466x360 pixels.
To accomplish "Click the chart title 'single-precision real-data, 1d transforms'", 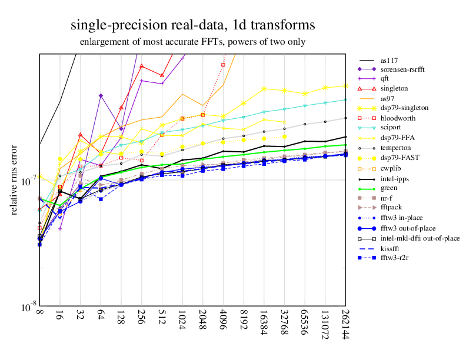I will point(192,25).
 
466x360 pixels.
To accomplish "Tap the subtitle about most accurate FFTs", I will point(192,42).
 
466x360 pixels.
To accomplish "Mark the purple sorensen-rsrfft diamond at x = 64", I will point(101,95).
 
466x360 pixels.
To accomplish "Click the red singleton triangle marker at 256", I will point(141,66).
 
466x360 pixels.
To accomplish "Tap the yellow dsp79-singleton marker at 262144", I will point(345,85).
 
